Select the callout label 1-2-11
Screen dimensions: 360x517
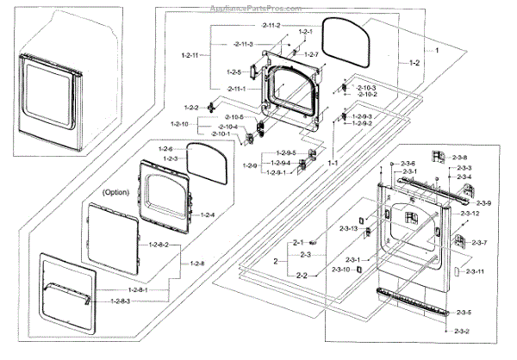tap(190, 55)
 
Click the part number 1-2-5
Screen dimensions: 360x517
tap(234, 71)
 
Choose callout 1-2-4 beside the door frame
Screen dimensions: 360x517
tap(208, 214)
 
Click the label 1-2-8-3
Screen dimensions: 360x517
tap(126, 301)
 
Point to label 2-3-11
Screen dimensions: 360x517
tap(474, 272)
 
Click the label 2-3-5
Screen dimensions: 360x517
tap(464, 312)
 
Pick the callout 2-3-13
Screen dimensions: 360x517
tap(348, 228)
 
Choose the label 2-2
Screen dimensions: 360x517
tap(302, 275)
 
